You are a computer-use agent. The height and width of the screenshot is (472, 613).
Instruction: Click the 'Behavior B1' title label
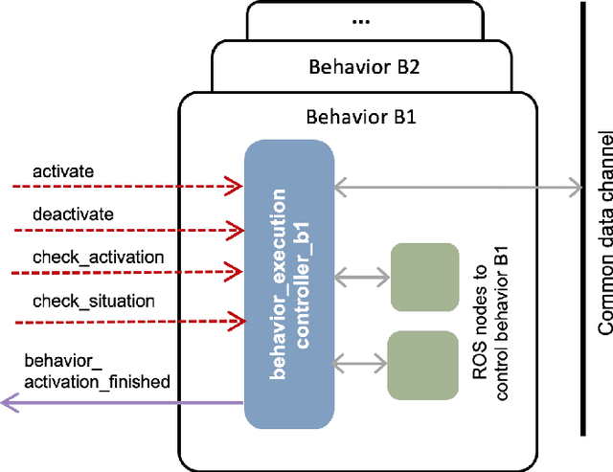[x=354, y=118]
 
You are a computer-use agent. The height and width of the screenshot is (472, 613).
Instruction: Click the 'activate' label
[x=63, y=171]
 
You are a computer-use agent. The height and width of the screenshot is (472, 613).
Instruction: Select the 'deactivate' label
[x=73, y=214]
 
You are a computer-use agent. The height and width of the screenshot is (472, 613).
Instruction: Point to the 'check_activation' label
[x=98, y=258]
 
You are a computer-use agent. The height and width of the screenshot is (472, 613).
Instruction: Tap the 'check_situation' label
[x=93, y=301]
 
